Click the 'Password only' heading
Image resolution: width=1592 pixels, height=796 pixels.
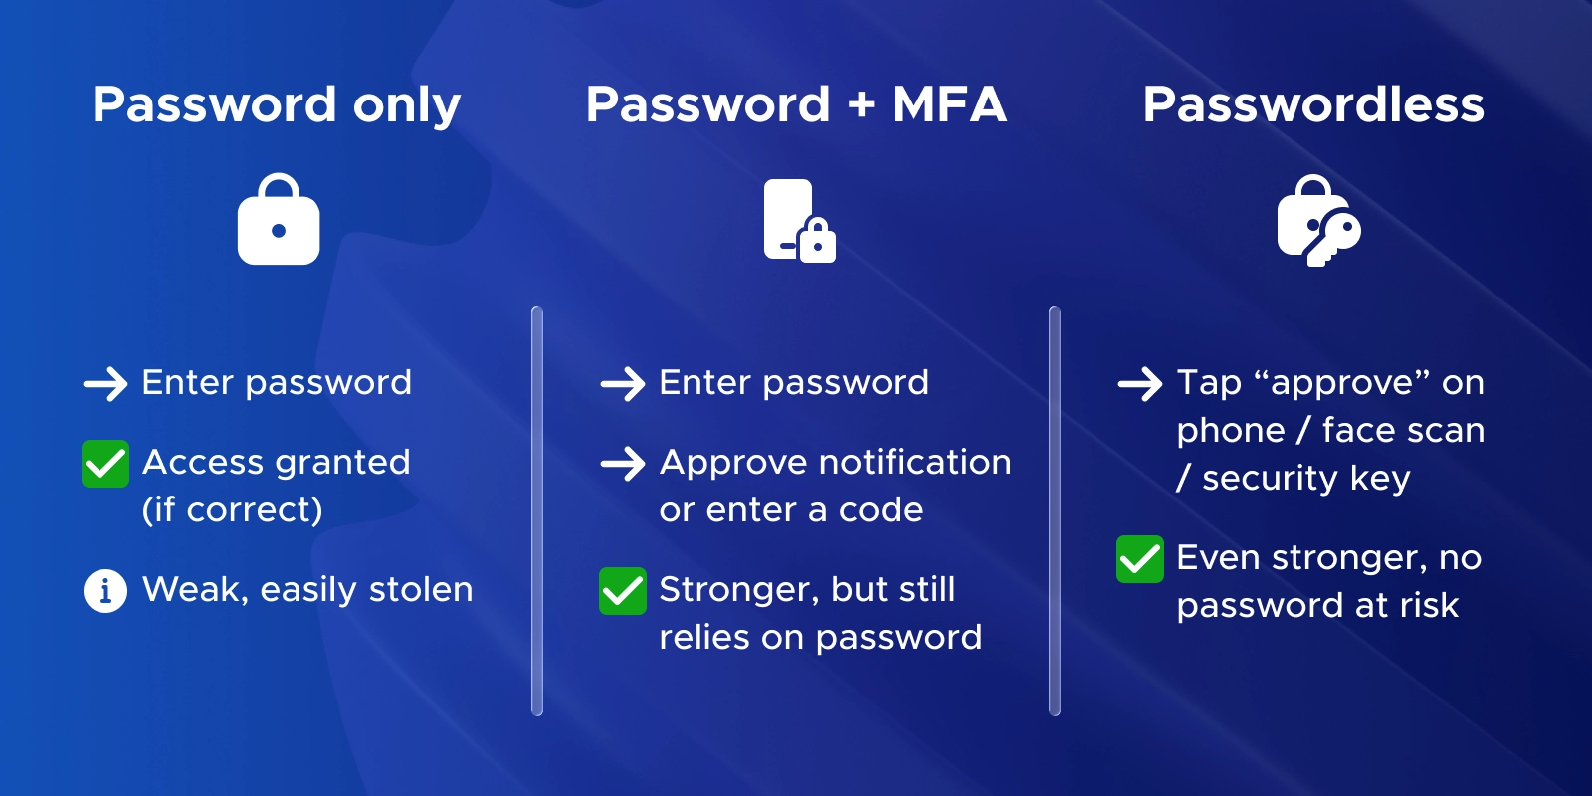pyautogui.click(x=277, y=106)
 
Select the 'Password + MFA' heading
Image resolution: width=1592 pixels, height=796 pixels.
pyautogui.click(x=796, y=105)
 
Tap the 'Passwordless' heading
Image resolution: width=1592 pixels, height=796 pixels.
pyautogui.click(x=1313, y=105)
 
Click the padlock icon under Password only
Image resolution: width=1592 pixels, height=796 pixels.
pyautogui.click(x=279, y=219)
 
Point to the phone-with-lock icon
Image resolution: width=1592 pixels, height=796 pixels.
pyautogui.click(x=800, y=221)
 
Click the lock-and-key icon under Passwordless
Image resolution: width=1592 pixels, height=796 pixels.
pyautogui.click(x=1319, y=221)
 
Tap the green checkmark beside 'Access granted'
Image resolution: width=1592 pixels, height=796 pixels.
pyautogui.click(x=105, y=464)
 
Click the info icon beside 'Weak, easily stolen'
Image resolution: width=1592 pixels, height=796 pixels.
pyautogui.click(x=105, y=591)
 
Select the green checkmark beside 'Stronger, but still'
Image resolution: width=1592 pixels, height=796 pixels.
pyautogui.click(x=623, y=591)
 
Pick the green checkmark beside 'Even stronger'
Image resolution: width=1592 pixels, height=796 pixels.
pyautogui.click(x=1140, y=559)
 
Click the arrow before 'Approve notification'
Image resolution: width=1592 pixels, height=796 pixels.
pyautogui.click(x=623, y=464)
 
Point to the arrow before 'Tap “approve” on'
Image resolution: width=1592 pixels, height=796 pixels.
pyautogui.click(x=1140, y=384)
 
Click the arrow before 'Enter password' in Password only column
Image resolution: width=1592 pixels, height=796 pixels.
pyautogui.click(x=105, y=384)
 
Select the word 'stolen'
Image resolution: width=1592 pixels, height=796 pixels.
pyautogui.click(x=421, y=589)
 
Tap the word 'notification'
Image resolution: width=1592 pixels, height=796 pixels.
pyautogui.click(x=915, y=463)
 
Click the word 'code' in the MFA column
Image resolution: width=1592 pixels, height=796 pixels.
pyautogui.click(x=882, y=509)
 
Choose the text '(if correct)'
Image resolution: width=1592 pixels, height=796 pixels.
pyautogui.click(x=233, y=510)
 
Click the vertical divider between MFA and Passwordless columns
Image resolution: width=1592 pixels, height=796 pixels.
pyautogui.click(x=1055, y=511)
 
